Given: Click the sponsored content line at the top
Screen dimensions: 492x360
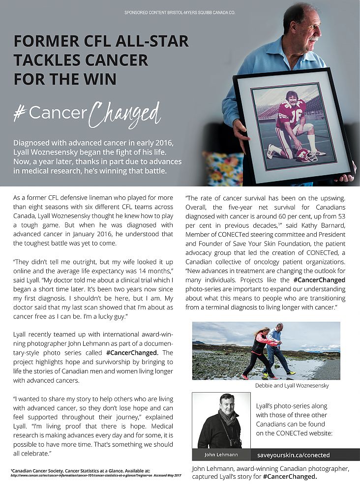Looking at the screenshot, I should pos(180,11).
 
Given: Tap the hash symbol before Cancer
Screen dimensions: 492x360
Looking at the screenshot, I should pos(20,113).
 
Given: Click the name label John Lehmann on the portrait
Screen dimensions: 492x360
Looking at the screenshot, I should pos(221,454).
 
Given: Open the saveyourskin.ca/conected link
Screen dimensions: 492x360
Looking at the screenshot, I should pos(293,455).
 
